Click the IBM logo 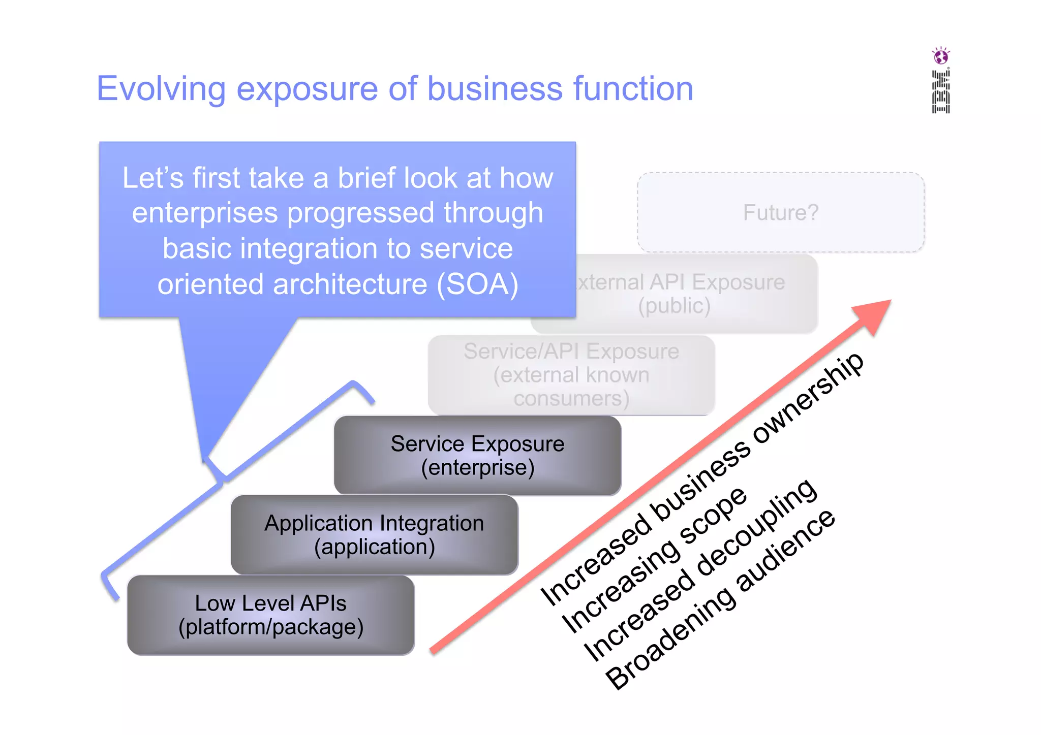pyautogui.click(x=940, y=92)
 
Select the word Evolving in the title pyautogui.click(x=161, y=89)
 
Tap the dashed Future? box pyautogui.click(x=781, y=212)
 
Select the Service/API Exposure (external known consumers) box pyautogui.click(x=571, y=375)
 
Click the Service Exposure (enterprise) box pyautogui.click(x=477, y=455)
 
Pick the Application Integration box pyautogui.click(x=374, y=535)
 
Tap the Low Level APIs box pyautogui.click(x=271, y=615)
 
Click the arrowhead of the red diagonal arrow pyautogui.click(x=874, y=315)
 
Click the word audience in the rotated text pyautogui.click(x=785, y=551)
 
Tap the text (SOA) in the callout pyautogui.click(x=477, y=284)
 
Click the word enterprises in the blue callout pyautogui.click(x=205, y=213)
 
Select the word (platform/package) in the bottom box pyautogui.click(x=271, y=627)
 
